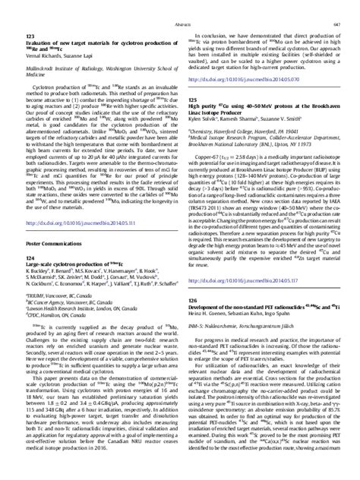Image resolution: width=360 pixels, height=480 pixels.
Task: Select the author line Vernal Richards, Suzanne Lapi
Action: pos(60,65)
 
